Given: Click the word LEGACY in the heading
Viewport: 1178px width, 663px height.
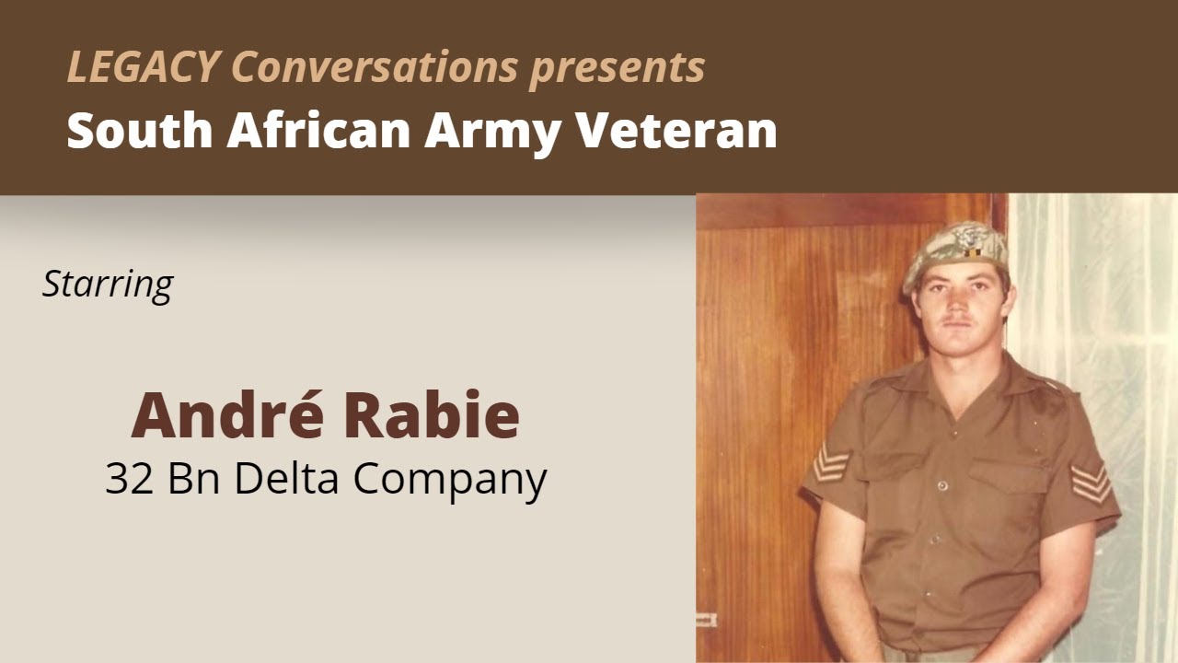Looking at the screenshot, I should pos(143,67).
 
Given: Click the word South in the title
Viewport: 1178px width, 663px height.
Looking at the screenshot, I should pos(139,131).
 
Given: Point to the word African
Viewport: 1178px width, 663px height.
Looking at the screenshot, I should pos(318,131).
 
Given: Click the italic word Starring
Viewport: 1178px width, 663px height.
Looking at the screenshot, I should pos(108,285).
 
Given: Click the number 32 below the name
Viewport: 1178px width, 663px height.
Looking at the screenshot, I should pos(128,478).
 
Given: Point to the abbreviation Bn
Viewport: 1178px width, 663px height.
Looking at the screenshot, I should pos(194,478).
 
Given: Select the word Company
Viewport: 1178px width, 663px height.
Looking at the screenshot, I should pos(451,480).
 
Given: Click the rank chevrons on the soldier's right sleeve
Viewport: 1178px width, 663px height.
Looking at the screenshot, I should pos(831,461).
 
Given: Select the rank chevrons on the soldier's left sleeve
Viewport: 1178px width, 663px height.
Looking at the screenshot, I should pos(1091,482).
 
